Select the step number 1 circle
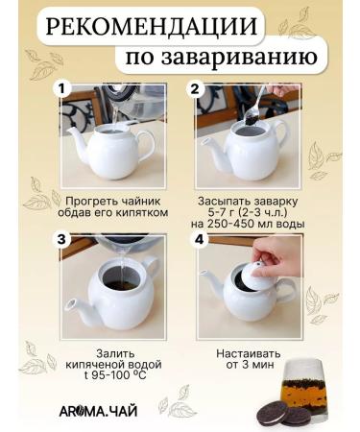[x=63, y=88]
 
